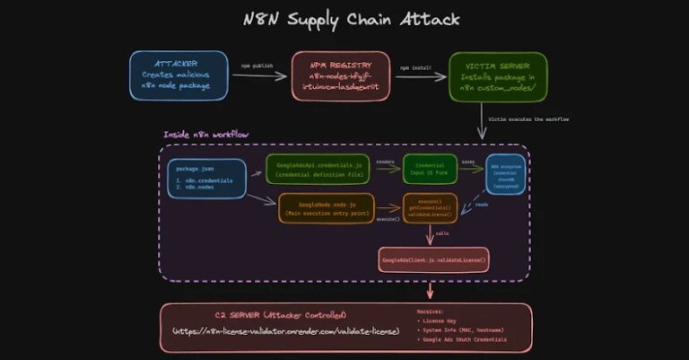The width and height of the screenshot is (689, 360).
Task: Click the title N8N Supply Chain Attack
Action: coord(344,19)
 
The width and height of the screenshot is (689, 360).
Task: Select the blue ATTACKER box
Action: coord(177,76)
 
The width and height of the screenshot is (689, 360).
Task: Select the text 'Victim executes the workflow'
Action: coord(529,119)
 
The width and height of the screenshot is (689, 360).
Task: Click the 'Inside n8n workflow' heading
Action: coord(205,135)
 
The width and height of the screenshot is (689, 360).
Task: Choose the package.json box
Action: coord(205,180)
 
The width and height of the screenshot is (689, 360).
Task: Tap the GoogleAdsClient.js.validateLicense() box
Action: coord(435,260)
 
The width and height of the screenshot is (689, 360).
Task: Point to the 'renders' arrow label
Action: coord(385,162)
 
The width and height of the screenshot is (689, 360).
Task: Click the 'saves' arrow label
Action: coord(468,162)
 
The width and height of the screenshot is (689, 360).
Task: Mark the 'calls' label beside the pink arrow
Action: coord(442,233)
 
